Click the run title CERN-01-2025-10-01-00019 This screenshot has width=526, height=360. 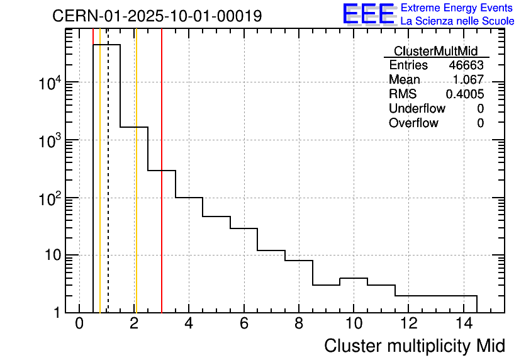(x=157, y=16)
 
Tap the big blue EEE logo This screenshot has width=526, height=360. (x=368, y=14)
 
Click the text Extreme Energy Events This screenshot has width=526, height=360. (x=457, y=8)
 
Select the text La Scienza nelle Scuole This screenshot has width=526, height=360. (x=457, y=21)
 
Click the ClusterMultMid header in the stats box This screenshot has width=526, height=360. (x=435, y=51)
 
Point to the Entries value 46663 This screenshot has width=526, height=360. (x=466, y=65)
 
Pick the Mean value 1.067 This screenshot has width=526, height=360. (x=468, y=80)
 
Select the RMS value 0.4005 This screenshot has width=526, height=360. (x=464, y=94)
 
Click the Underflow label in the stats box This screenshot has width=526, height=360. (x=417, y=109)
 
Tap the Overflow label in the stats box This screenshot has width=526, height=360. (x=413, y=123)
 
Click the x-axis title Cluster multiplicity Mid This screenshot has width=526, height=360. (x=414, y=346)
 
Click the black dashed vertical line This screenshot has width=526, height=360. (x=108, y=189)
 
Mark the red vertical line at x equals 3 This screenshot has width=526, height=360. (x=162, y=189)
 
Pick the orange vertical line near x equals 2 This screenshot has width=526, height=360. (x=135, y=189)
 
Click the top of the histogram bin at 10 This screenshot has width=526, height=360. (x=354, y=278)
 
